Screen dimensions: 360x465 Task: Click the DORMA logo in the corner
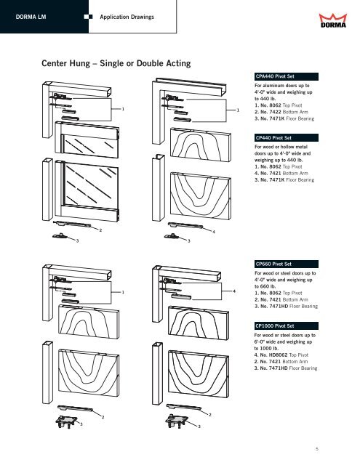click(x=332, y=20)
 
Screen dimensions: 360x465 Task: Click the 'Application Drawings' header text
click(x=127, y=17)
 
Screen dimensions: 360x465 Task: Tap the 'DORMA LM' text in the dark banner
click(x=31, y=17)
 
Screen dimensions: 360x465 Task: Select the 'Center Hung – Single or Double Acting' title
click(x=116, y=63)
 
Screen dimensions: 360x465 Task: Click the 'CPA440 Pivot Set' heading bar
click(x=286, y=76)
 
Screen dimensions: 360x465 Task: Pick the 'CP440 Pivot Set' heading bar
click(x=286, y=138)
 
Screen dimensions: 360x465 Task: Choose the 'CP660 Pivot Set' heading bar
click(x=286, y=264)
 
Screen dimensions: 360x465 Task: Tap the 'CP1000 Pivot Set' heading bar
click(x=286, y=326)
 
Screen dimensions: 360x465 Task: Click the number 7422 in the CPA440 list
click(x=275, y=112)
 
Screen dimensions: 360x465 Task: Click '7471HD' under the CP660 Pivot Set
click(x=279, y=306)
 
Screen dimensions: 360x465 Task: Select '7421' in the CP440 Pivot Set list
click(x=275, y=173)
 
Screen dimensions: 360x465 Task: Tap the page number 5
click(x=317, y=449)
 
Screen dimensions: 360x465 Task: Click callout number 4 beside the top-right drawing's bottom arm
click(x=214, y=232)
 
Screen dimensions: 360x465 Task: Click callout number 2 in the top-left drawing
click(x=100, y=230)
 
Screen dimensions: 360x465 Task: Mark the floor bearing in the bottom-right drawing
click(x=177, y=421)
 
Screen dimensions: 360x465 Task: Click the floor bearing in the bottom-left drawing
click(x=66, y=421)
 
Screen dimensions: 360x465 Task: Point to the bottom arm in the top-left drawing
click(x=72, y=224)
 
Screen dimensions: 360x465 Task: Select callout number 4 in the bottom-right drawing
click(x=234, y=291)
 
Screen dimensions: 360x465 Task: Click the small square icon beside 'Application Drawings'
click(x=88, y=17)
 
